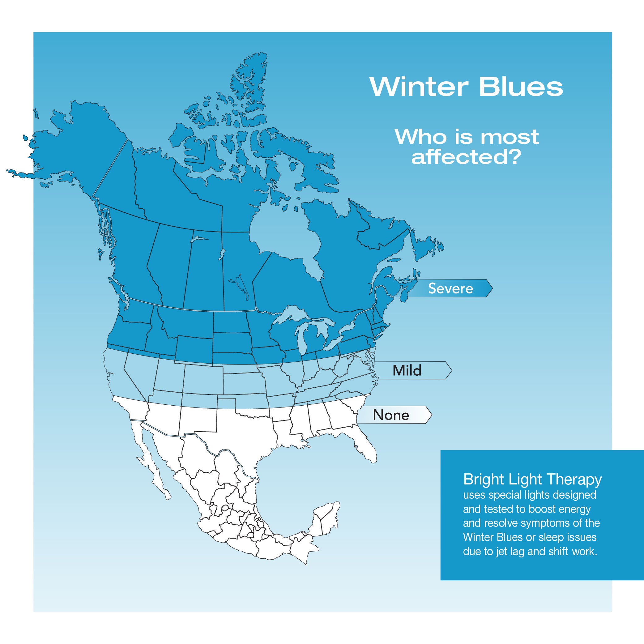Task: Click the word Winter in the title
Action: pyautogui.click(x=419, y=87)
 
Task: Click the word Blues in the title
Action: pyautogui.click(x=521, y=87)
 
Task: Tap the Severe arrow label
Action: pyautogui.click(x=451, y=288)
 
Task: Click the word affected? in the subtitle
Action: pyautogui.click(x=466, y=157)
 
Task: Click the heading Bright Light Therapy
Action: pyautogui.click(x=532, y=480)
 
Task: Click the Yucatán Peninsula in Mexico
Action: pyautogui.click(x=325, y=520)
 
